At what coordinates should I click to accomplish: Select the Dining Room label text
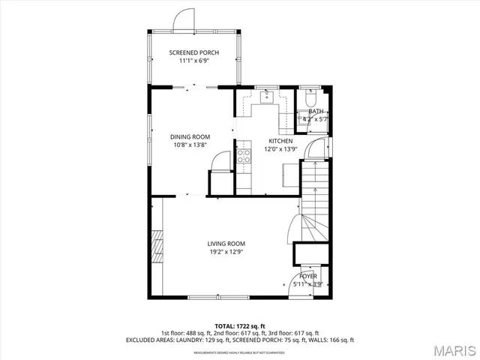(x=190, y=136)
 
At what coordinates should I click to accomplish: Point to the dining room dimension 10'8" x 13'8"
(x=190, y=145)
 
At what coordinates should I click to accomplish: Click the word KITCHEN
(x=281, y=141)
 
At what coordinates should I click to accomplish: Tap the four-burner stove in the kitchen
(x=244, y=156)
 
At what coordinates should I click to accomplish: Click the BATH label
(x=316, y=111)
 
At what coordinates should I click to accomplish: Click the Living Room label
(x=226, y=244)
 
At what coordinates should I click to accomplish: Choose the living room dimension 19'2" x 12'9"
(x=226, y=252)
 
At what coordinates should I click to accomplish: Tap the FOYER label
(x=308, y=277)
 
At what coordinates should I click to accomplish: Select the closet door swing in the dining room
(x=220, y=161)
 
